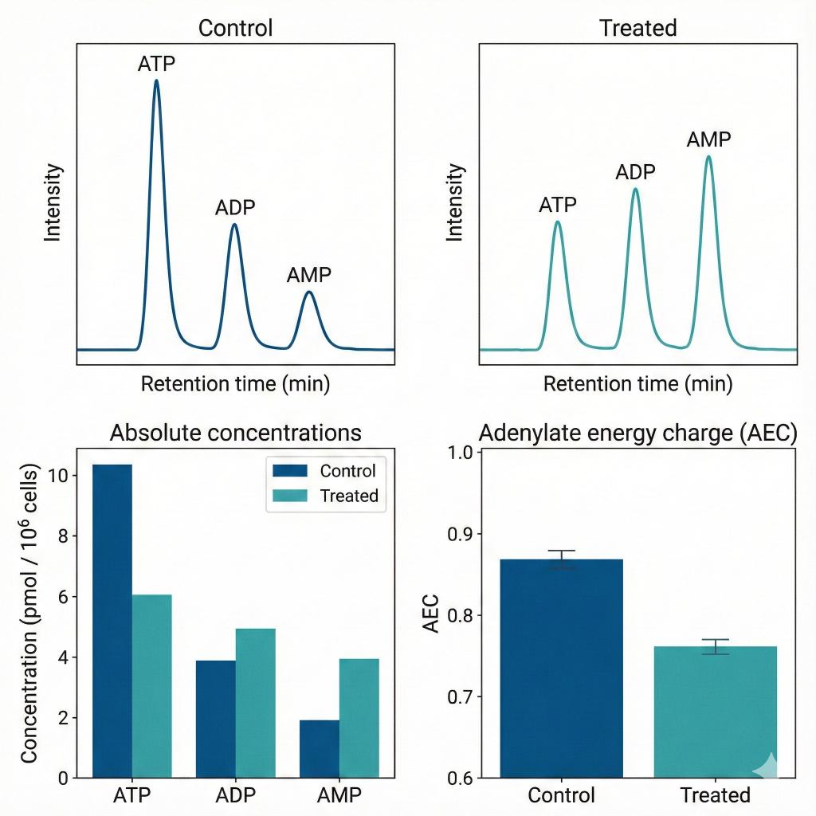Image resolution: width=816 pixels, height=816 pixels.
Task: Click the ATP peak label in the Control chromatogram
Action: pyautogui.click(x=156, y=64)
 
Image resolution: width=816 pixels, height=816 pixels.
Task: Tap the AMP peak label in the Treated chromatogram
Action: pyautogui.click(x=708, y=139)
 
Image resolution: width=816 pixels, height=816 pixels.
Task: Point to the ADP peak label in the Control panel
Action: pyautogui.click(x=235, y=208)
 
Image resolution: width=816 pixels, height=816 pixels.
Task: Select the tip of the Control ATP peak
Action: pyautogui.click(x=156, y=80)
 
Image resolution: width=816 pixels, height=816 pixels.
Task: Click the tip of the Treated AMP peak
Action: pyautogui.click(x=708, y=157)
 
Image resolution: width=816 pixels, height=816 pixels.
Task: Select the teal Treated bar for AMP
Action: pyautogui.click(x=359, y=717)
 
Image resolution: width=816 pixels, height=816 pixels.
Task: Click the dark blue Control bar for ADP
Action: pyautogui.click(x=216, y=718)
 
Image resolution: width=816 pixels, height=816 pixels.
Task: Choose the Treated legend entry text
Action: pyautogui.click(x=348, y=496)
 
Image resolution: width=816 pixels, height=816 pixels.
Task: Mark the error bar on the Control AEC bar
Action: pyautogui.click(x=562, y=559)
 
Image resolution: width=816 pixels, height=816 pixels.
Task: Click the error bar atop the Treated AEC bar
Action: pyautogui.click(x=716, y=646)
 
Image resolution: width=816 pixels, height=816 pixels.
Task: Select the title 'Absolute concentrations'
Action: pyautogui.click(x=235, y=433)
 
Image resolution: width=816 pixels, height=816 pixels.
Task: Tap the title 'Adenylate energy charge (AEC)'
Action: pyautogui.click(x=637, y=433)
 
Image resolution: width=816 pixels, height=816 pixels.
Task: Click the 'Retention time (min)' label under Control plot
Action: pyautogui.click(x=235, y=384)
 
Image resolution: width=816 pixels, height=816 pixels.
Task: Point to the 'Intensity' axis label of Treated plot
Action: pyautogui.click(x=455, y=202)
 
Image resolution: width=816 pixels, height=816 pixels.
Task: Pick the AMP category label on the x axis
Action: pyautogui.click(x=339, y=795)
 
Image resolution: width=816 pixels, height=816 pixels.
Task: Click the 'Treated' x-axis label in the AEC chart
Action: pyautogui.click(x=716, y=795)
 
